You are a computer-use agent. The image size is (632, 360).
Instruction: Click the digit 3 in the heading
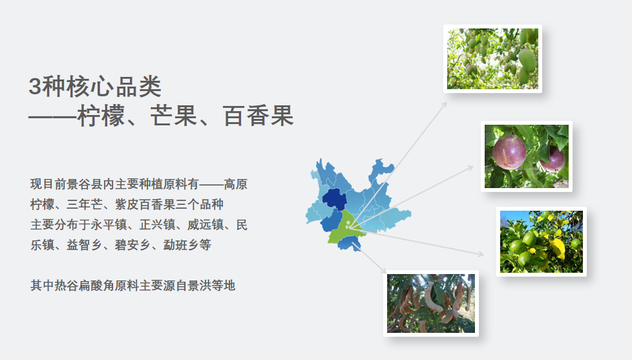[x=35, y=86]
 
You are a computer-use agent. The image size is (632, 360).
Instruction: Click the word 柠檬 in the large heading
[x=101, y=116]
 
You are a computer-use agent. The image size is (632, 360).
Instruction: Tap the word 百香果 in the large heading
[x=258, y=116]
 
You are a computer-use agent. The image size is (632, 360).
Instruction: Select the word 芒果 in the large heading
[x=174, y=116]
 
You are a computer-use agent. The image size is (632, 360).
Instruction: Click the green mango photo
[x=492, y=59]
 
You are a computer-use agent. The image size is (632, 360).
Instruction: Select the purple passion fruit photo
[x=527, y=156]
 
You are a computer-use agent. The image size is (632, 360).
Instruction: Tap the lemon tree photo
[x=542, y=242]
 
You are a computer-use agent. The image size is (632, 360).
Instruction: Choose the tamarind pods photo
[x=431, y=303]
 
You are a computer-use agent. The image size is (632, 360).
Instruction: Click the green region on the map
[x=346, y=230]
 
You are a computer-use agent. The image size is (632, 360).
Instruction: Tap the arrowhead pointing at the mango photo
[x=445, y=104]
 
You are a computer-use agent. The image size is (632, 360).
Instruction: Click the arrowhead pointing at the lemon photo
[x=481, y=254]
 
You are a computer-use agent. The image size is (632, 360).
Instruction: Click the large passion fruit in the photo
[x=509, y=152]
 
